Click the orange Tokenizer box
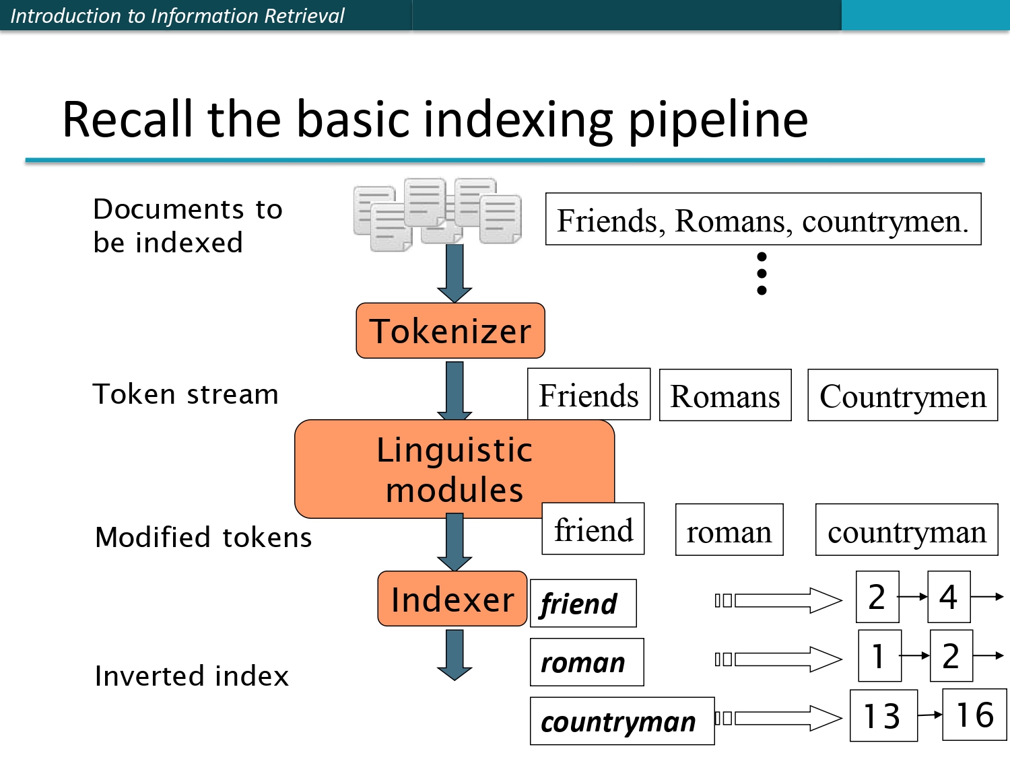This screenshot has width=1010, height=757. [450, 330]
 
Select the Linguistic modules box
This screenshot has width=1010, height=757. [454, 469]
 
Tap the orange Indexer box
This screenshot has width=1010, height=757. [452, 599]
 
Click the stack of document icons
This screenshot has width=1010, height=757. [438, 214]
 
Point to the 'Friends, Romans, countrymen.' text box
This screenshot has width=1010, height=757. [762, 219]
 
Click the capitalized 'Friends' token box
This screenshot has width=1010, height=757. [588, 395]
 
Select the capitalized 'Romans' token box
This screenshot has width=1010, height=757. [725, 396]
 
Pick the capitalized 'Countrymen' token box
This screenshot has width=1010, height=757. [902, 396]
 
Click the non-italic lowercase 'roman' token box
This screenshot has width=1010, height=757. [729, 530]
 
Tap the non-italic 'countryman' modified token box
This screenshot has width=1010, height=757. [906, 530]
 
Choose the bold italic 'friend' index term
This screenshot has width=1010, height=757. [582, 603]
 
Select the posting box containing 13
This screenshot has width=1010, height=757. [883, 715]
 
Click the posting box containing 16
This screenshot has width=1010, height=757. [974, 715]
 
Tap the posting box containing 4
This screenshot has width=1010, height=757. [948, 597]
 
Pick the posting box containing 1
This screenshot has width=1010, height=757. [879, 655]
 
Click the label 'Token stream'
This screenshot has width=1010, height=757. [185, 394]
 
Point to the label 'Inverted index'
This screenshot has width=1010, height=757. [192, 676]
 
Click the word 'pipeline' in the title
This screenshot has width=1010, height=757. [718, 120]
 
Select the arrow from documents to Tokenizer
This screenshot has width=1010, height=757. [454, 273]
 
